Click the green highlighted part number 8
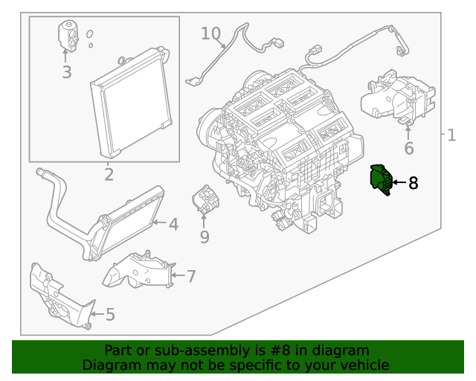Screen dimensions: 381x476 click(381, 180)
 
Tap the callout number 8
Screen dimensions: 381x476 click(413, 182)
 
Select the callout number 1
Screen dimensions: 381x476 click(451, 135)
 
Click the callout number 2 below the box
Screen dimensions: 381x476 click(109, 175)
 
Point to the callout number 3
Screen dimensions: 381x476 click(66, 72)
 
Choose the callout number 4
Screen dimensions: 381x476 click(173, 224)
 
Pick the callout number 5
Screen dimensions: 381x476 click(110, 315)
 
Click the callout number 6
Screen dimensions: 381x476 click(408, 149)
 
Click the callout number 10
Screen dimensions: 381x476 click(210, 33)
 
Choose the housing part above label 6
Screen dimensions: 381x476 click(394, 97)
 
